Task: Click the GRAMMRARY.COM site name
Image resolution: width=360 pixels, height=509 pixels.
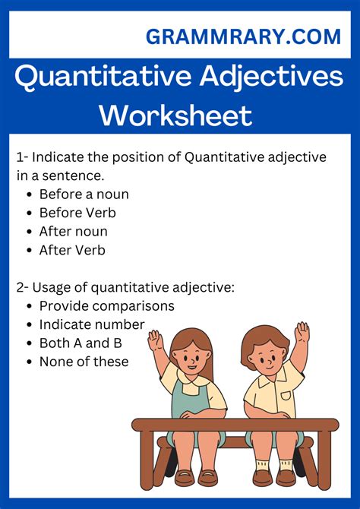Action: pos(243,36)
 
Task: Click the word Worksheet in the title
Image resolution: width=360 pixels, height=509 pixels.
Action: pos(175,115)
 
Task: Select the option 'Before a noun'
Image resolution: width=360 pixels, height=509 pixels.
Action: pos(84,194)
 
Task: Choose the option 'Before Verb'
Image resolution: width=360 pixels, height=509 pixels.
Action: pos(77,213)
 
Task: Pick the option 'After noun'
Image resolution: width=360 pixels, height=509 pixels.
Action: pos(74,232)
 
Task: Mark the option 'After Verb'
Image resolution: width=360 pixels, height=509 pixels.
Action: pos(72,250)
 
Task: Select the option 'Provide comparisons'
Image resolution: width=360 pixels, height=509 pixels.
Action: pos(107,306)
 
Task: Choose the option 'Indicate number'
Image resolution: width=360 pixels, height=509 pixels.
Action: pos(92,324)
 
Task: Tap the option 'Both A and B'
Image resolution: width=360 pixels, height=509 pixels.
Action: pos(81,343)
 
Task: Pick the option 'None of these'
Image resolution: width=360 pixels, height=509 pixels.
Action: pos(84,362)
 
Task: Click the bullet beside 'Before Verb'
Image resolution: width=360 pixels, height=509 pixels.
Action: pos(30,213)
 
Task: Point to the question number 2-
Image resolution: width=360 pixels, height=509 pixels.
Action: pos(22,287)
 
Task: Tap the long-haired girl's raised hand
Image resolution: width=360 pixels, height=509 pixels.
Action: pos(154,340)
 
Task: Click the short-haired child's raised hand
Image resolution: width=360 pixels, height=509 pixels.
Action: pos(302,332)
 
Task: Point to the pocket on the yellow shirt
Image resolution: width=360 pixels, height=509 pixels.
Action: pos(286,396)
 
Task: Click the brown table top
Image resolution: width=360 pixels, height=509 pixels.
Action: pos(235,425)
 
